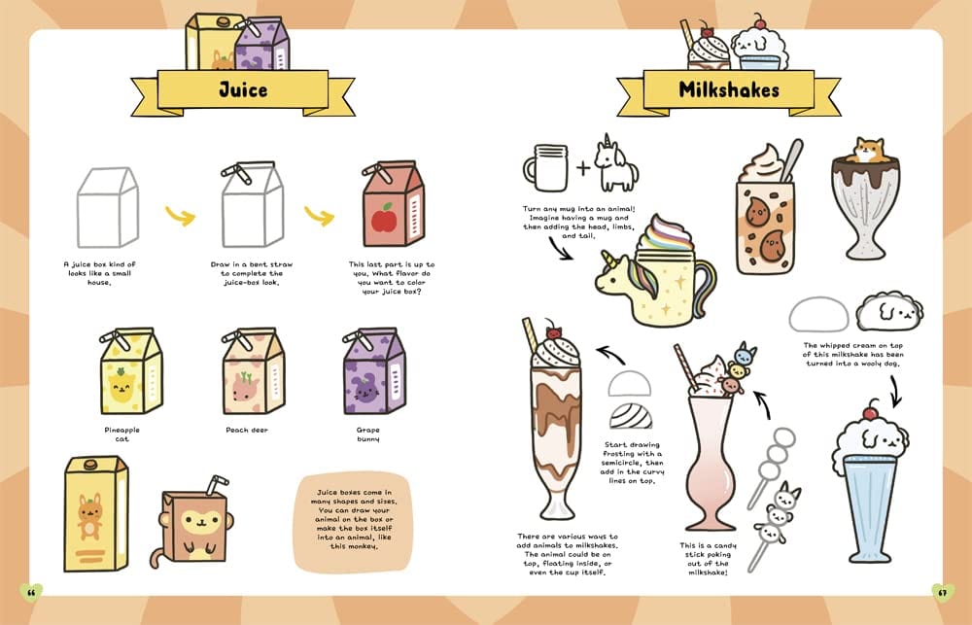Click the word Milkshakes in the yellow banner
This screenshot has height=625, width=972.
click(x=730, y=91)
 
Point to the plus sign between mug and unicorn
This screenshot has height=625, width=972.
click(x=582, y=168)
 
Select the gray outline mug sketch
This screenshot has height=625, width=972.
click(x=544, y=167)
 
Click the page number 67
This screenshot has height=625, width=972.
click(x=941, y=591)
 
